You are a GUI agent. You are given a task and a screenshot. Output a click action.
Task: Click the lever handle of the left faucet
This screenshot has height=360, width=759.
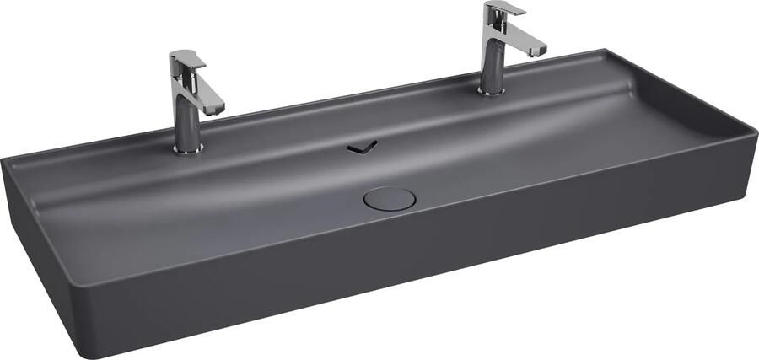(187, 60)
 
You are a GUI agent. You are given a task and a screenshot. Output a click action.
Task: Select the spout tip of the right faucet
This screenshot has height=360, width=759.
(537, 52)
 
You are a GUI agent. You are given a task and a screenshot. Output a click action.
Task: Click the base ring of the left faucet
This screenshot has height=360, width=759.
(188, 149)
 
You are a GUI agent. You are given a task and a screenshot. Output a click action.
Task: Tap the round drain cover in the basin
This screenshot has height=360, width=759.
(390, 198)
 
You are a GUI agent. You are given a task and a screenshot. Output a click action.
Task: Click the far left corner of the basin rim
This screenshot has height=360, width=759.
(4, 159)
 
